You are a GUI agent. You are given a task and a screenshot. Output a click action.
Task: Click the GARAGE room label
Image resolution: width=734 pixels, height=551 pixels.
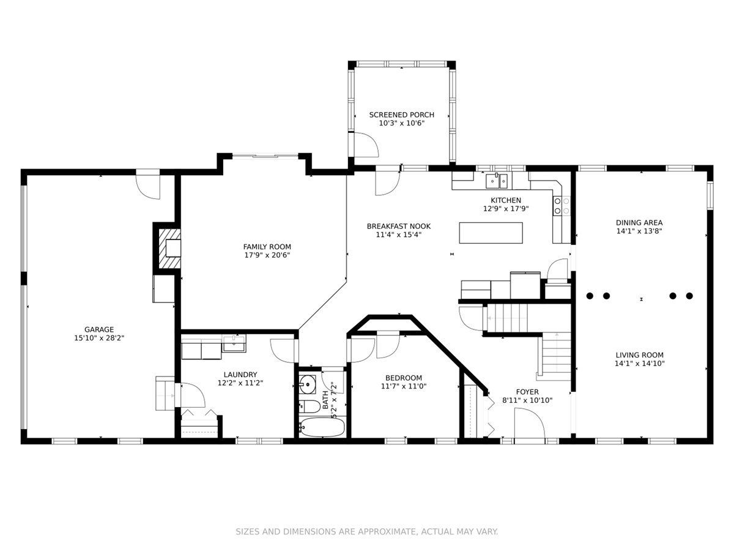click(x=99, y=329)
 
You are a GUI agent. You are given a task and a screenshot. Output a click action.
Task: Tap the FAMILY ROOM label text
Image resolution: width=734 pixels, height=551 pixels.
click(x=267, y=247)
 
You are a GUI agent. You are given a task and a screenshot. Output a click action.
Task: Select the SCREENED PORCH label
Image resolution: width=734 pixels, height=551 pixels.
click(x=402, y=114)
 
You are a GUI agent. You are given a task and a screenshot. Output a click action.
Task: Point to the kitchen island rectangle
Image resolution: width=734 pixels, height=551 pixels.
click(x=491, y=233)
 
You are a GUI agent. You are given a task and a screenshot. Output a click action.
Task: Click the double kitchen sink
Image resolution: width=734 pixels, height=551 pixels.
click(x=497, y=181)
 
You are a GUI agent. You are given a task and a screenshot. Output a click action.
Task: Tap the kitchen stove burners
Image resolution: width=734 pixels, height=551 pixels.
click(x=562, y=206)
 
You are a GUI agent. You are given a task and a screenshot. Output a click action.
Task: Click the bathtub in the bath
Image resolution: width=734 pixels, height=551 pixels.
click(x=321, y=427)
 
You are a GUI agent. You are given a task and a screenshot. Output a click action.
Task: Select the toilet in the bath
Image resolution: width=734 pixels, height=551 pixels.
click(x=310, y=407)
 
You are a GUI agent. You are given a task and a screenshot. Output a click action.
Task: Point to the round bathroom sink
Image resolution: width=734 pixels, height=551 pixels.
click(x=307, y=384)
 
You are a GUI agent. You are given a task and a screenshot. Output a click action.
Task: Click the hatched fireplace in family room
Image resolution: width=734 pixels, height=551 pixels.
click(x=169, y=248)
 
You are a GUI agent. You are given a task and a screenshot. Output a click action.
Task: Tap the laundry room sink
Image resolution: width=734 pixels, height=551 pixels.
click(x=234, y=343)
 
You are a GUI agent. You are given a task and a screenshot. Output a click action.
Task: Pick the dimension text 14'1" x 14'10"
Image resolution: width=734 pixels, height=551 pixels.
click(x=639, y=364)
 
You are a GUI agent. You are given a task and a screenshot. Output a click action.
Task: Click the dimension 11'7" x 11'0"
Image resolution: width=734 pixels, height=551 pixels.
click(x=404, y=386)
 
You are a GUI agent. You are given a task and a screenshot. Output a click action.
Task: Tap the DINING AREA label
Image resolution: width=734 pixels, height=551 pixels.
click(x=639, y=223)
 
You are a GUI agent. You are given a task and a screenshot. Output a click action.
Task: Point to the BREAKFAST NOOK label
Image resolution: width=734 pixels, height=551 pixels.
click(x=399, y=227)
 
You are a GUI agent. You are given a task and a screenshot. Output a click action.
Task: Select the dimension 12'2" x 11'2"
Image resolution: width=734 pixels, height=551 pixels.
click(x=240, y=383)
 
